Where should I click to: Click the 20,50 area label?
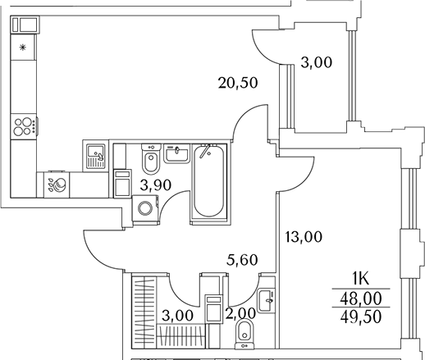(238, 83)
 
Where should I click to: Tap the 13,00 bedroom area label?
(304, 237)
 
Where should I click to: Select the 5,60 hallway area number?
(242, 260)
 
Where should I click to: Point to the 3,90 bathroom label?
(156, 185)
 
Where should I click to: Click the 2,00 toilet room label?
(240, 313)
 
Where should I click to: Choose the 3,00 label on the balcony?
(317, 62)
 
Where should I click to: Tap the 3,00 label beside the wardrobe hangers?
(177, 316)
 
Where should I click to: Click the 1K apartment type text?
(360, 280)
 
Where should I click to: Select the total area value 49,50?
(361, 317)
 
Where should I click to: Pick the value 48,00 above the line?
(361, 298)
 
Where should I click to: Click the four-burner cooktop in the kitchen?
(24, 126)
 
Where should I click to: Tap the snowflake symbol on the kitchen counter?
(23, 48)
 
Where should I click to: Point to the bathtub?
(208, 180)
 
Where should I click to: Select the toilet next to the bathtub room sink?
(151, 160)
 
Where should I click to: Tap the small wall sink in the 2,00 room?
(267, 300)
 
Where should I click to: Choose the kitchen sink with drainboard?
(96, 157)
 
